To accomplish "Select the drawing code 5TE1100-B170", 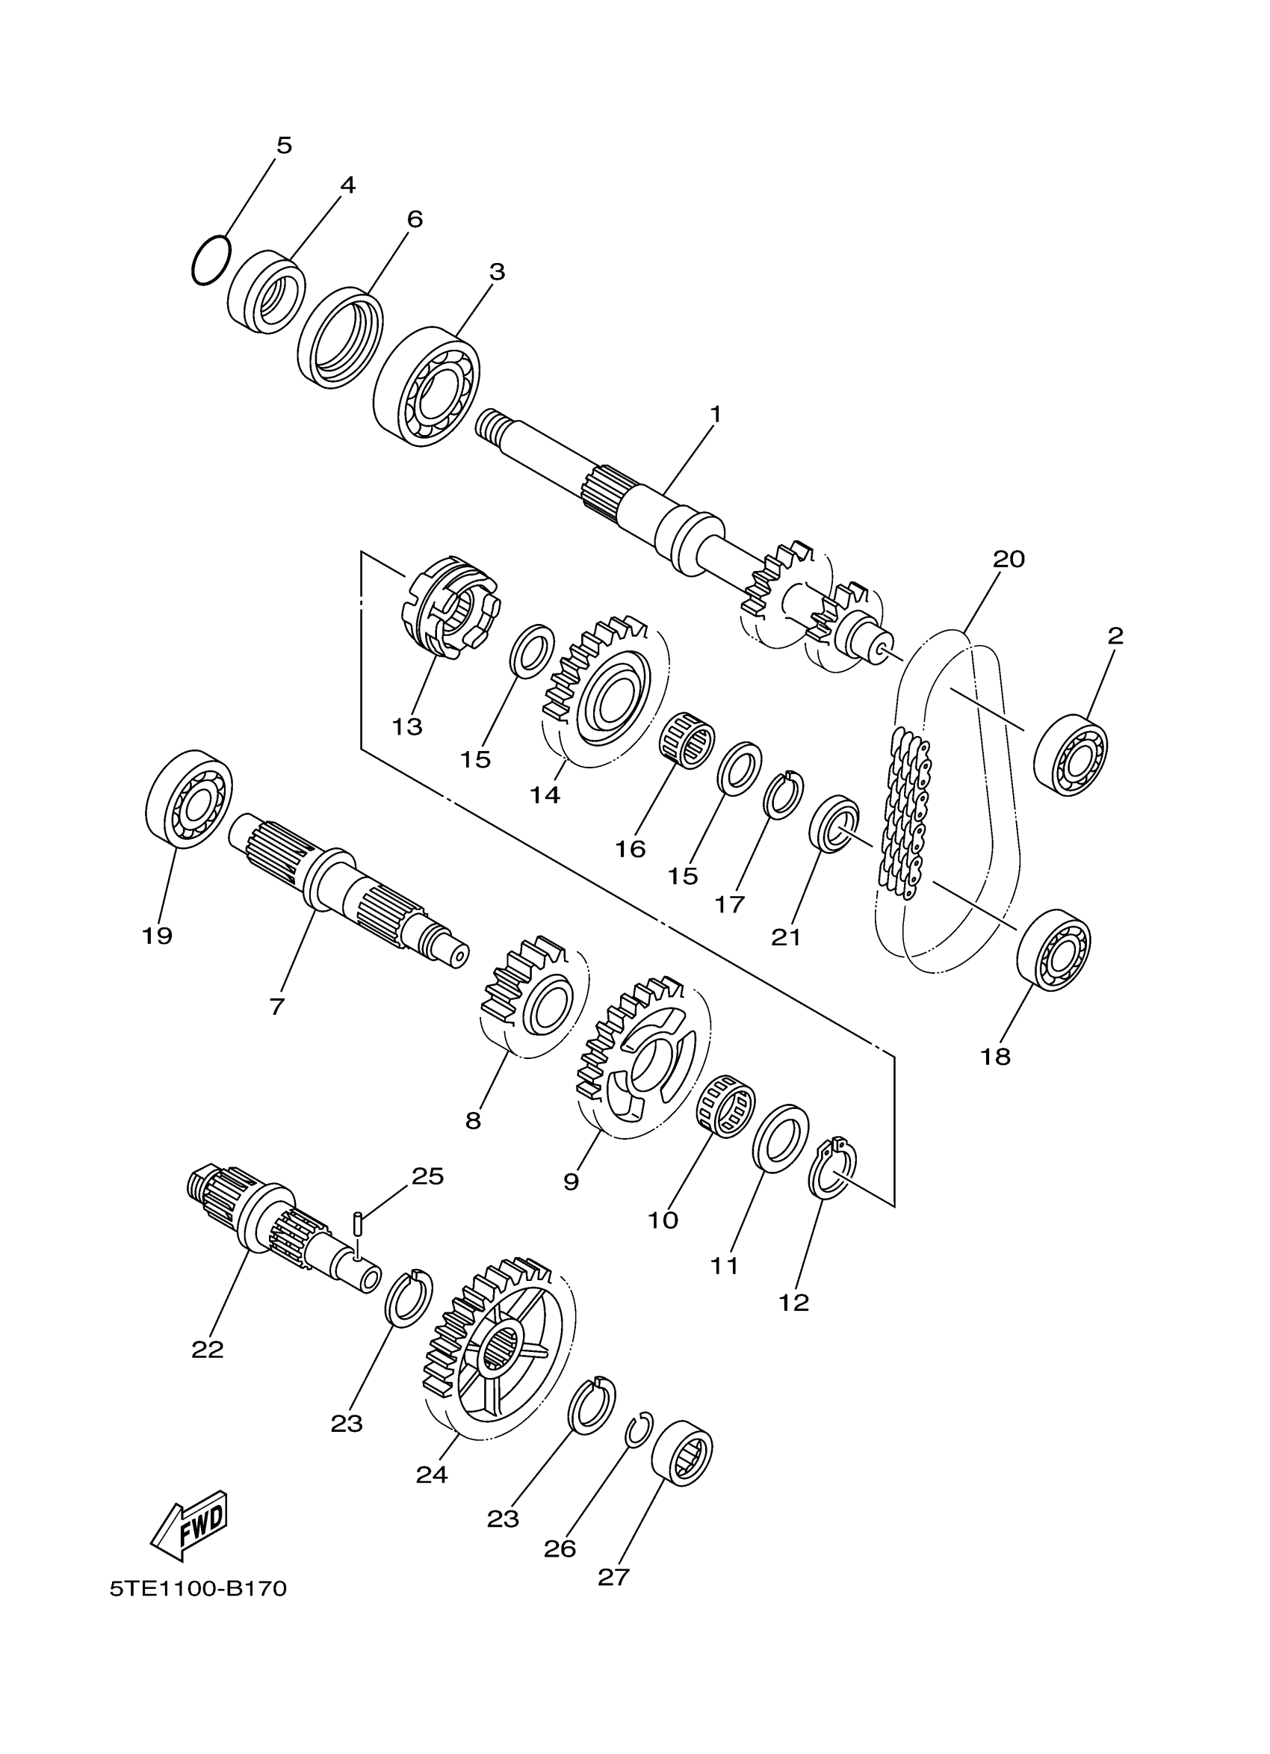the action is tap(198, 1589).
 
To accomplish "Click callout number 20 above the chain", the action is tap(1008, 559).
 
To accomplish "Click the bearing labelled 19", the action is tap(189, 799).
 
